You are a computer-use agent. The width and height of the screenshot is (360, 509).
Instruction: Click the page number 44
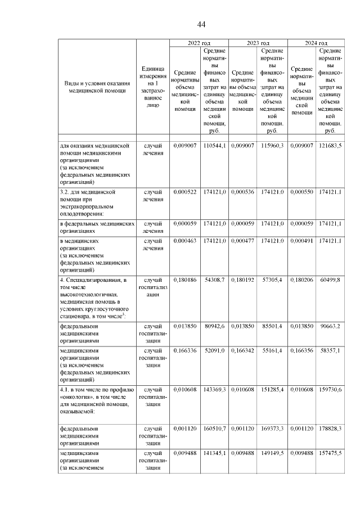[201, 24]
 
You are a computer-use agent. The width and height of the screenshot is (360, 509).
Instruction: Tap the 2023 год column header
[258, 43]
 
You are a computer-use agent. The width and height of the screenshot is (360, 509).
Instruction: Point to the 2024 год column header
[316, 43]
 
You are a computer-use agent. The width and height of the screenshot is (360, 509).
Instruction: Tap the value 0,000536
[243, 192]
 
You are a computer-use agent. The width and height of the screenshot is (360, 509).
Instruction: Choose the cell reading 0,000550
[301, 192]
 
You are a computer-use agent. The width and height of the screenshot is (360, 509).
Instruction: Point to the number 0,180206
[301, 280]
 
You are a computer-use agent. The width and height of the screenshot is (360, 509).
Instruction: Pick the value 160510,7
[214, 428]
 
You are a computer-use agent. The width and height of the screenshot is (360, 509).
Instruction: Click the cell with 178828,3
[331, 428]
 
